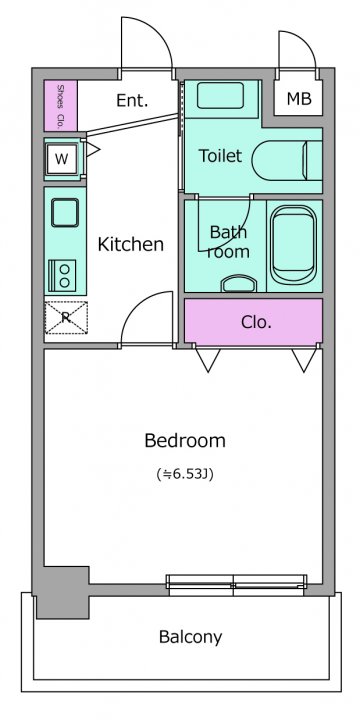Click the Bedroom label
click(x=185, y=441)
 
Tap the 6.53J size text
click(x=185, y=474)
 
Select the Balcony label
click(x=191, y=637)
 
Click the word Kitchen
click(x=131, y=244)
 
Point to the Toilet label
click(x=220, y=156)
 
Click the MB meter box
click(x=298, y=98)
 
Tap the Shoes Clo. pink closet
click(x=60, y=106)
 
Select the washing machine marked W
click(x=62, y=158)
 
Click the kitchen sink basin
click(x=65, y=212)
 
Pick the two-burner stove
click(x=62, y=276)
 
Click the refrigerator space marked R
click(x=66, y=317)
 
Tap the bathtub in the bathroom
click(x=293, y=244)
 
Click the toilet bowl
click(x=287, y=161)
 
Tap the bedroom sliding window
click(x=236, y=585)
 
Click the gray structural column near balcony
click(x=63, y=592)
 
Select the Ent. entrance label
click(x=132, y=100)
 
